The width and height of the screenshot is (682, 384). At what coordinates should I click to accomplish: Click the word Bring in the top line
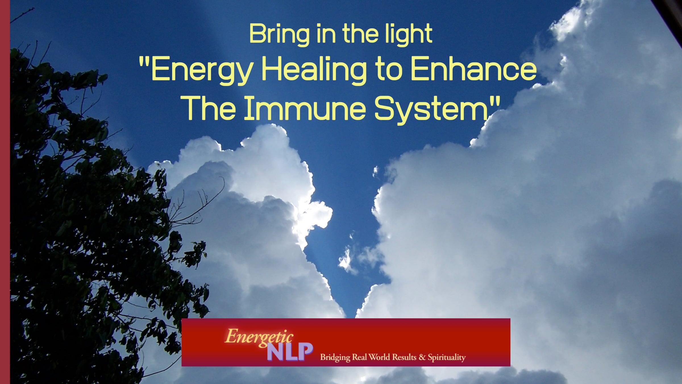pos(279,35)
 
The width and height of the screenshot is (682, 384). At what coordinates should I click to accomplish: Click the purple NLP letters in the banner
pos(290,352)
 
